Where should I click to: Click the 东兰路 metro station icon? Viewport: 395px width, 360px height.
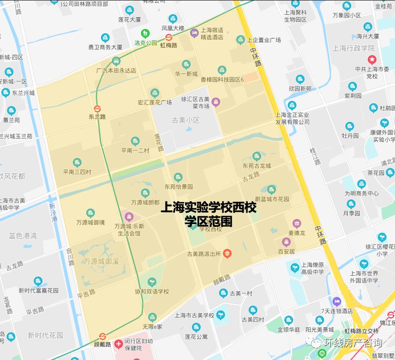click(x=97, y=108)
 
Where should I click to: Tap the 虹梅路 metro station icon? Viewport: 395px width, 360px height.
click(x=169, y=37)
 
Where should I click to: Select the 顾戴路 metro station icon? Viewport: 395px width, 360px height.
click(x=103, y=336)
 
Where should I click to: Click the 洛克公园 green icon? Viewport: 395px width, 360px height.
click(x=145, y=33)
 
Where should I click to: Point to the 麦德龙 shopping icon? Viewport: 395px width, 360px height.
click(x=297, y=223)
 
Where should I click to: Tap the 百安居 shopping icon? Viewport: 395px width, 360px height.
click(x=286, y=242)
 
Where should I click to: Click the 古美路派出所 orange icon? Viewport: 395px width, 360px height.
click(x=227, y=254)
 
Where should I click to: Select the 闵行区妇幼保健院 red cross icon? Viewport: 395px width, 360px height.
click(x=118, y=344)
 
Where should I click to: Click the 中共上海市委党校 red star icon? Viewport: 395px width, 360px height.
click(x=372, y=59)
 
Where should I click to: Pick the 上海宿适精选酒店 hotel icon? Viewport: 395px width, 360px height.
click(x=194, y=33)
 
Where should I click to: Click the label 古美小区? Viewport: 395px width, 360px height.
click(x=186, y=120)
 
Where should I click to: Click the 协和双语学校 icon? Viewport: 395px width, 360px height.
click(x=152, y=282)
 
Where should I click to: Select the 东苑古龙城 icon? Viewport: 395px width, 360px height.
click(x=257, y=156)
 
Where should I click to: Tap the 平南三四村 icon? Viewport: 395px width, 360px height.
click(x=77, y=162)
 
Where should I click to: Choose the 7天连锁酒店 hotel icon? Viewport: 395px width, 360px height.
click(x=337, y=301)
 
